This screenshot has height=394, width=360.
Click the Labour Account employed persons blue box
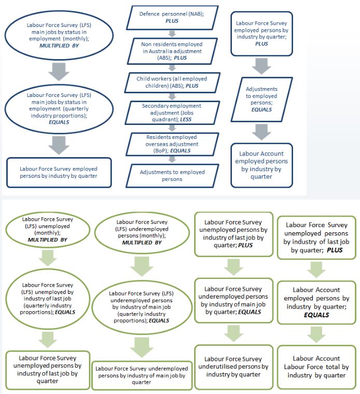[261, 165]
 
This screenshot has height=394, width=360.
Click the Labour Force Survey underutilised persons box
[233, 366]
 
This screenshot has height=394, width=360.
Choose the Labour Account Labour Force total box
[316, 366]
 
